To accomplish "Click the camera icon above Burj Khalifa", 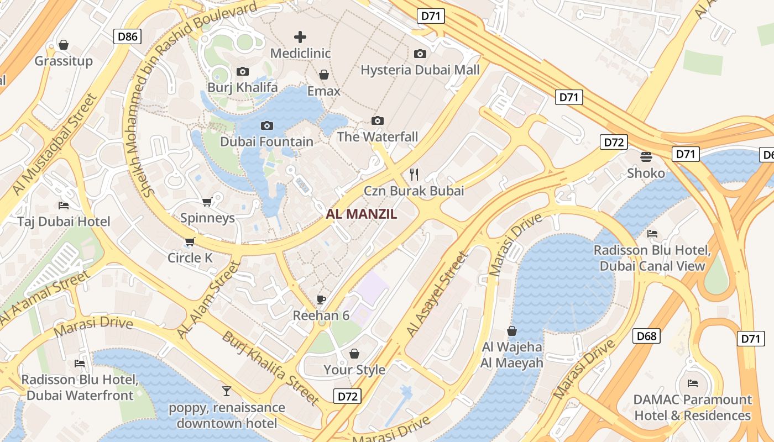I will [x=242, y=71].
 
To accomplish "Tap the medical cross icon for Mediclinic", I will [x=300, y=37].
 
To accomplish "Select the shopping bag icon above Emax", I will [x=324, y=75].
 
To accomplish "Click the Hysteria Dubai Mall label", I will [x=420, y=70].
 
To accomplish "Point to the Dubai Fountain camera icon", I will [x=267, y=126].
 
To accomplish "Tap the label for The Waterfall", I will [x=378, y=136].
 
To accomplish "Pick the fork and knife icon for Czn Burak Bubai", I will [x=414, y=175].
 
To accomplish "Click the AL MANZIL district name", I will [x=362, y=214].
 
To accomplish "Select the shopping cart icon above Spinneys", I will [x=207, y=202].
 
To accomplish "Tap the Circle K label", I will [x=190, y=258].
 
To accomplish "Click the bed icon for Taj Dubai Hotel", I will [x=64, y=206].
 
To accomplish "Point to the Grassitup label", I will [x=64, y=61].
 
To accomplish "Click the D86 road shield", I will [x=127, y=37].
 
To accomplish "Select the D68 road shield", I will [x=646, y=335].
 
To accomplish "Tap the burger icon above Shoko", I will [x=646, y=156].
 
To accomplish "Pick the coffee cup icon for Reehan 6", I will [x=321, y=299].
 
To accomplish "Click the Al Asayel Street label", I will [x=437, y=294].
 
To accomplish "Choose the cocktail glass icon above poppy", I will [x=227, y=391].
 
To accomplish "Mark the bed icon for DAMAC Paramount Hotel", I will [x=693, y=383].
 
